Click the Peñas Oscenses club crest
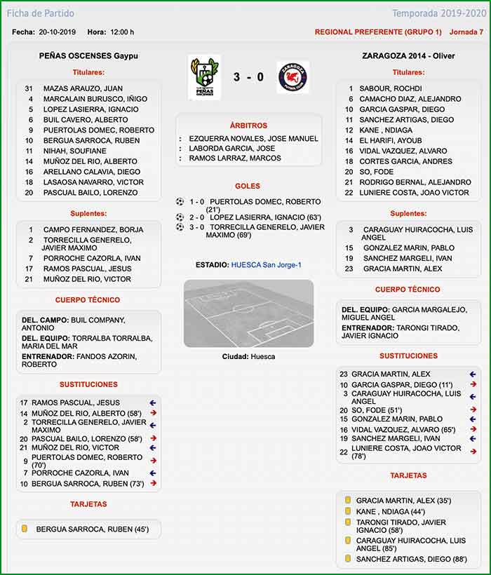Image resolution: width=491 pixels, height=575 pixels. click(204, 76)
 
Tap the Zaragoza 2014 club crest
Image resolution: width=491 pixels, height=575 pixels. click(293, 76)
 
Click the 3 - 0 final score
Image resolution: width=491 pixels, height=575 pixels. click(249, 76)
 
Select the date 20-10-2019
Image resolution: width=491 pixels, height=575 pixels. click(57, 32)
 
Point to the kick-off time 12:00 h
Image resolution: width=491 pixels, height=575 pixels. click(122, 32)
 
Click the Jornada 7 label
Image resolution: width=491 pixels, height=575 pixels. click(466, 32)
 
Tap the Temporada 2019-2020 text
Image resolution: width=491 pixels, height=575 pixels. click(438, 13)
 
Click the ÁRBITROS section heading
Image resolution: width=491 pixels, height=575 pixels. click(248, 126)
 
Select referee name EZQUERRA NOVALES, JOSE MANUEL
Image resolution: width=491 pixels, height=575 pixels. click(253, 139)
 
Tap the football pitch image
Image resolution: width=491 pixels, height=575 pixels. click(248, 313)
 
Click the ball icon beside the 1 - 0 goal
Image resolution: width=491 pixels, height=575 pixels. click(180, 201)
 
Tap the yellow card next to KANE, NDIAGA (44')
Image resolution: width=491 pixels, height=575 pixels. click(347, 511)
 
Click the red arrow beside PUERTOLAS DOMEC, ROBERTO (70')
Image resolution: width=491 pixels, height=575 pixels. click(152, 460)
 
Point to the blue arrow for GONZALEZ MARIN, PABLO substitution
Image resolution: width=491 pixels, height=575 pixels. click(473, 419)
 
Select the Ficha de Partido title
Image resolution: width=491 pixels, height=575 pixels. click(41, 13)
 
